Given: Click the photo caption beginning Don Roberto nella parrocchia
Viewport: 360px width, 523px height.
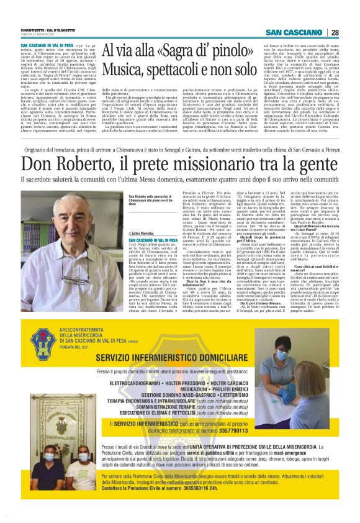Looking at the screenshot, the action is pos(152,202).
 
